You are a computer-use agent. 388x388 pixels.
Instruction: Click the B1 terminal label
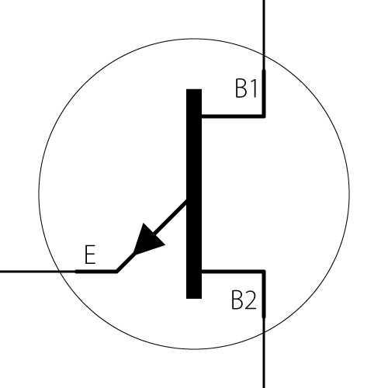(246, 88)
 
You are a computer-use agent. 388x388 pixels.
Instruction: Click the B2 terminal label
(244, 300)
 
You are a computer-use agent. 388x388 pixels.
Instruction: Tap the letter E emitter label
(90, 255)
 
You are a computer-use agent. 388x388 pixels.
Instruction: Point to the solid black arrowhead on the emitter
(147, 239)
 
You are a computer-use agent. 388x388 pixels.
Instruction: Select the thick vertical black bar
(194, 194)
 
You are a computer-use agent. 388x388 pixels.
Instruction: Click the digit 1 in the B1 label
(253, 88)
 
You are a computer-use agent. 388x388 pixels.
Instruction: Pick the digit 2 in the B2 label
(250, 300)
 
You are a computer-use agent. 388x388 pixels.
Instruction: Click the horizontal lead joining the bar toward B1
(233, 116)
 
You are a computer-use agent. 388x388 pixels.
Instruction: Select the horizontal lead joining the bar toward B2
(233, 272)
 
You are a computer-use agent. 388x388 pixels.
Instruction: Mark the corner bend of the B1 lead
(264, 116)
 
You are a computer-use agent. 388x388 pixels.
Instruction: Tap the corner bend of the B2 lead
(264, 272)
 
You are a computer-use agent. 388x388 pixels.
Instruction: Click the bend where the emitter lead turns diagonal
(116, 272)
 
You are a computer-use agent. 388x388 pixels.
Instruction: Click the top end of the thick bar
(194, 89)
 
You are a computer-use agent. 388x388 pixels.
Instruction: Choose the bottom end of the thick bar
(194, 299)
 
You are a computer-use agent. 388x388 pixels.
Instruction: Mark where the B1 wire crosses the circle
(264, 55)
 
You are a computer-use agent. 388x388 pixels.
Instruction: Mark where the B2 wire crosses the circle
(264, 333)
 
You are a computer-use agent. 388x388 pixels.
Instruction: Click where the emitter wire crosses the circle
(60, 272)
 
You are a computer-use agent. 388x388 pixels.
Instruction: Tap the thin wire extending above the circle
(264, 28)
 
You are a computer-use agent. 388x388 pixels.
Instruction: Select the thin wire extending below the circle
(264, 360)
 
